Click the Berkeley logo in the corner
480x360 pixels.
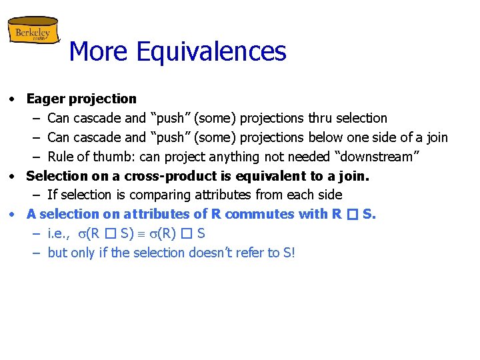click(x=33, y=31)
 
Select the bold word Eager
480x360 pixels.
click(x=45, y=99)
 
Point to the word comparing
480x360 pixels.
click(x=150, y=195)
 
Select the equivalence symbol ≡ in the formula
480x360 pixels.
click(x=148, y=234)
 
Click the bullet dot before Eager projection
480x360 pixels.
click(x=13, y=99)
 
